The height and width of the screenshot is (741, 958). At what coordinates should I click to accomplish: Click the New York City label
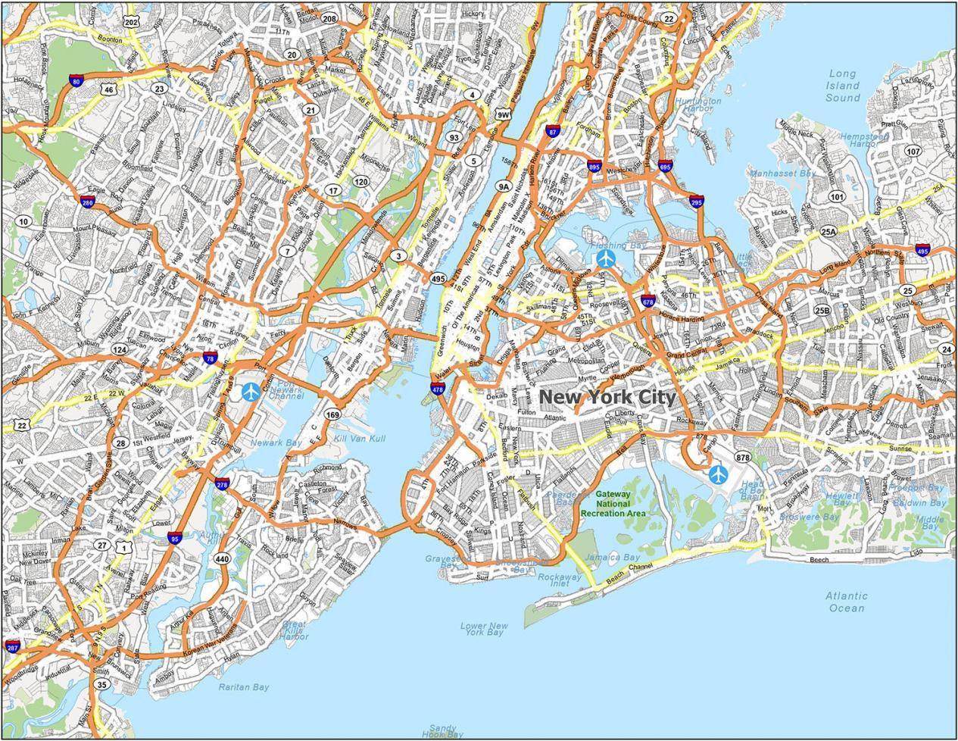(x=607, y=396)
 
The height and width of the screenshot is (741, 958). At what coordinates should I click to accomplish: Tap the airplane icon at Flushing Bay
(x=606, y=259)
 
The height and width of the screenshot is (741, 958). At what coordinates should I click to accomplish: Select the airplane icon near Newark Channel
(x=251, y=392)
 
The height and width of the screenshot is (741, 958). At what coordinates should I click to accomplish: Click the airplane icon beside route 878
(x=717, y=475)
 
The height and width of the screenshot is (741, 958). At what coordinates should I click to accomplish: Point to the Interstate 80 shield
(x=76, y=81)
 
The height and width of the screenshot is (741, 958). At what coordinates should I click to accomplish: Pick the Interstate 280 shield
(x=88, y=202)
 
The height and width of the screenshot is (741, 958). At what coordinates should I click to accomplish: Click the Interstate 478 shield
(x=438, y=389)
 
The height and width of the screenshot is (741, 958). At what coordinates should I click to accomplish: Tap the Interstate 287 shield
(x=12, y=646)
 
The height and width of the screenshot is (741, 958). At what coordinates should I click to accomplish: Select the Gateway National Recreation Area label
(x=613, y=503)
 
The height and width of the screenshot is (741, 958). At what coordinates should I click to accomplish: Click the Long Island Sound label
(x=842, y=86)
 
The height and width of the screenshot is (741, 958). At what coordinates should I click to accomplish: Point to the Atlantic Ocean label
(x=846, y=602)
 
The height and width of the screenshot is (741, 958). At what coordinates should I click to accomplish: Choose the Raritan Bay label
(x=243, y=687)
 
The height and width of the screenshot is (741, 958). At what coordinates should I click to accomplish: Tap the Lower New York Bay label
(x=484, y=629)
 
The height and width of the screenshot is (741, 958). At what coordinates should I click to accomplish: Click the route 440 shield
(x=222, y=559)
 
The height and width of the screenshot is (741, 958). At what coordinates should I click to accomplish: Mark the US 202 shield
(x=132, y=23)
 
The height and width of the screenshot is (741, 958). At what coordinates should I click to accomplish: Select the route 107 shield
(x=913, y=151)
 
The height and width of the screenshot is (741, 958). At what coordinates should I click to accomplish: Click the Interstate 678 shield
(x=648, y=302)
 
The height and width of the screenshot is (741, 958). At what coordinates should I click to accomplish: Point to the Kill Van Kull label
(x=360, y=439)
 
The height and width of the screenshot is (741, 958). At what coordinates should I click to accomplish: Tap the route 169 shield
(x=332, y=414)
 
